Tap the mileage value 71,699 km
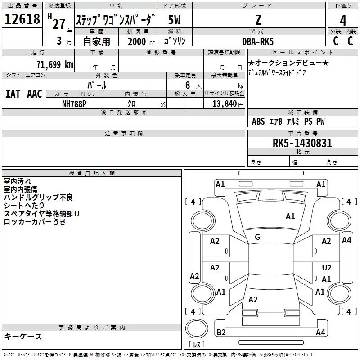click(54, 64)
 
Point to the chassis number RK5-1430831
click(302, 143)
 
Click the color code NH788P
click(74, 103)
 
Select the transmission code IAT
click(13, 94)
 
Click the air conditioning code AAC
click(35, 94)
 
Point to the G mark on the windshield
click(257, 237)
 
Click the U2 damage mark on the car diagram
click(327, 267)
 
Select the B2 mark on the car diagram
click(221, 333)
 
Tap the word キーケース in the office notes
click(23, 336)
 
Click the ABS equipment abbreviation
click(258, 121)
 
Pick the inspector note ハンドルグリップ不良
click(38, 197)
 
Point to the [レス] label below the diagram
click(197, 345)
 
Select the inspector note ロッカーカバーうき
click(35, 221)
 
